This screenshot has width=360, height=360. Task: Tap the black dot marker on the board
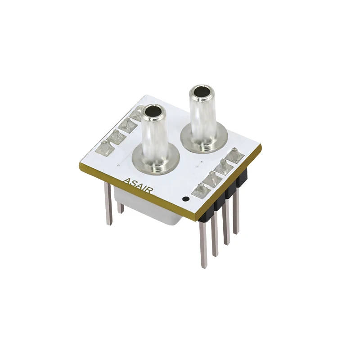tap(184, 198)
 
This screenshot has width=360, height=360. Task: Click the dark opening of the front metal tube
tap(153, 111)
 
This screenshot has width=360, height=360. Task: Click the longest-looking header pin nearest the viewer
tap(204, 245)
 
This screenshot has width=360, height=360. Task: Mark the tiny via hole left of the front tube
tap(118, 166)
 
